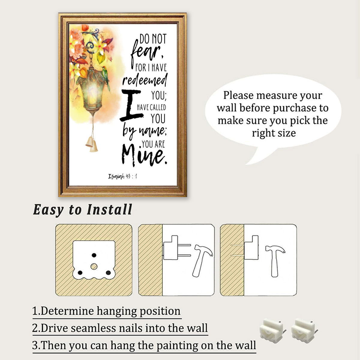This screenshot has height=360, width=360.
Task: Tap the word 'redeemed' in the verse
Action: pyautogui.click(x=144, y=80)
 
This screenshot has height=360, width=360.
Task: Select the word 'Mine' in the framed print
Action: pyautogui.click(x=144, y=156)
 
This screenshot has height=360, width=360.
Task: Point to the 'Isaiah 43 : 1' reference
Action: pyautogui.click(x=123, y=176)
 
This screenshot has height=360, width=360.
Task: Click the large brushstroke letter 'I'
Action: pyautogui.click(x=131, y=105)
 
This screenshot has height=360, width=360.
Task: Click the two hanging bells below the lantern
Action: pyautogui.click(x=92, y=144)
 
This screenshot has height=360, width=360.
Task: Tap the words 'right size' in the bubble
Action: pyautogui.click(x=274, y=133)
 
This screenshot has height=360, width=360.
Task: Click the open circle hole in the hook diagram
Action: pyautogui.click(x=94, y=266)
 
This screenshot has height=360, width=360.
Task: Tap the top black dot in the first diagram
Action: pyautogui.click(x=94, y=255)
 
